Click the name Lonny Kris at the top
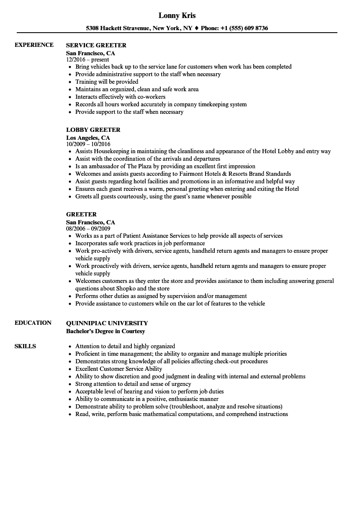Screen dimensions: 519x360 [177, 15]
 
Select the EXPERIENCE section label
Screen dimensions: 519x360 [34, 45]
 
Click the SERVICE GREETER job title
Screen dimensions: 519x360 [96, 45]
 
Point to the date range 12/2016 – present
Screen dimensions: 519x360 [87, 60]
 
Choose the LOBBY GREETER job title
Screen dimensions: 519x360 [93, 130]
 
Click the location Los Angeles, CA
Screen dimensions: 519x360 [88, 138]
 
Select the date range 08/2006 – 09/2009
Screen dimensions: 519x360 [88, 229]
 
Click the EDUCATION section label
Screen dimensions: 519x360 [33, 323]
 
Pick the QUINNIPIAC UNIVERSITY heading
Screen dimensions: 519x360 [107, 323]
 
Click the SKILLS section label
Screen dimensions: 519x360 [25, 346]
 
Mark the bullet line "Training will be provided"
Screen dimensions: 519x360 [107, 82]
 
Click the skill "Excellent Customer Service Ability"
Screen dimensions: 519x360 [118, 369]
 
